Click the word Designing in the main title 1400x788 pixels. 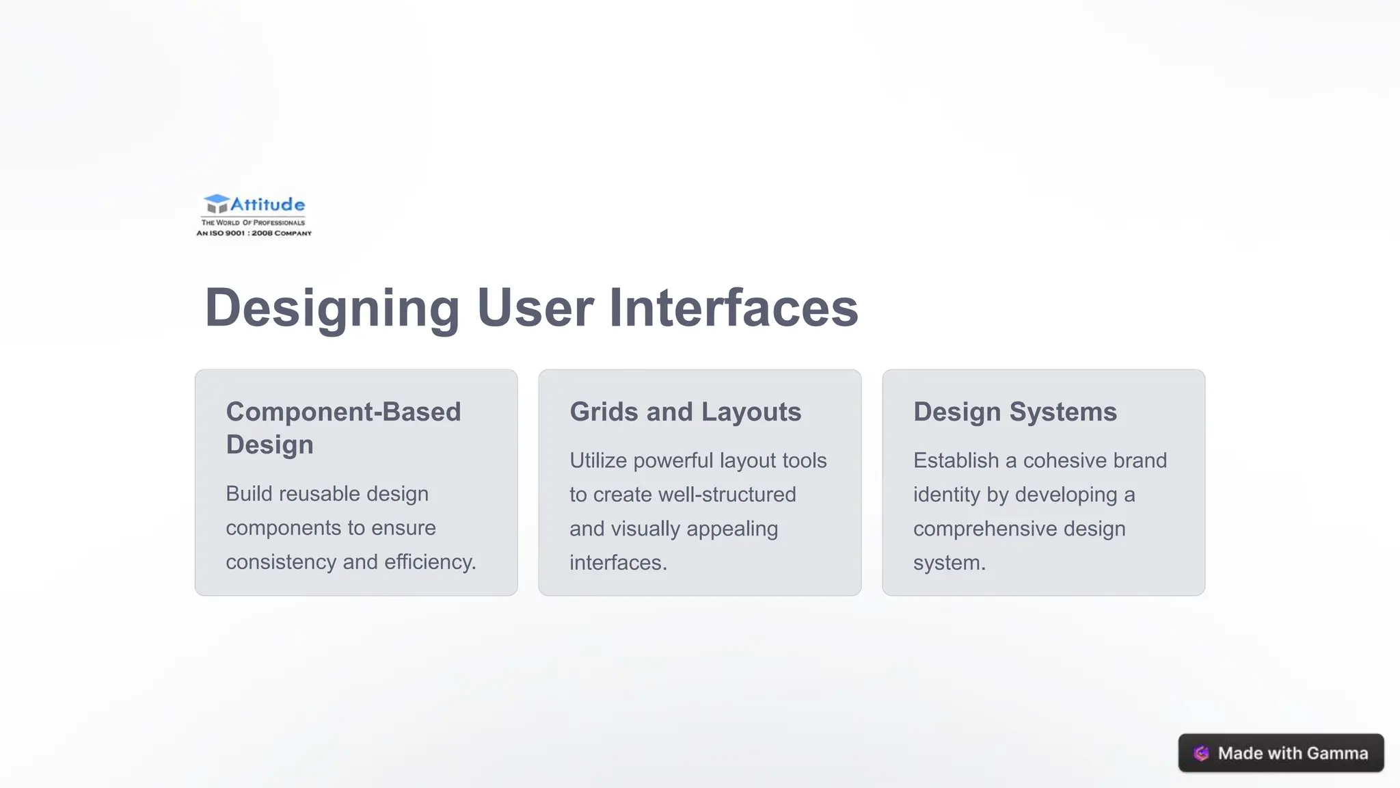tap(332, 308)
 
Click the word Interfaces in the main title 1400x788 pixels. tap(733, 308)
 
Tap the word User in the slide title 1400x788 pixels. tap(535, 308)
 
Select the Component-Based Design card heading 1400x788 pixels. tap(343, 428)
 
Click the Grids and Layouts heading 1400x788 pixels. tap(685, 412)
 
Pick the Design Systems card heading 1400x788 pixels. tap(1014, 412)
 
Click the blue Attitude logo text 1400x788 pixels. tap(267, 205)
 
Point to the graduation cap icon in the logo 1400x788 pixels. tap(217, 203)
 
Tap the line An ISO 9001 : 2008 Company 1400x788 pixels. tap(254, 233)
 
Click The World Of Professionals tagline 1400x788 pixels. tap(253, 222)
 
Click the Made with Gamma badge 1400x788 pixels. tap(1280, 753)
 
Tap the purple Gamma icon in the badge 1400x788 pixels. tap(1201, 753)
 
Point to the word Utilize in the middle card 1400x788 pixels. tap(598, 461)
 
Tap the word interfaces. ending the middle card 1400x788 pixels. tap(618, 563)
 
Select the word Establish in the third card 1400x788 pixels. tap(956, 461)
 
